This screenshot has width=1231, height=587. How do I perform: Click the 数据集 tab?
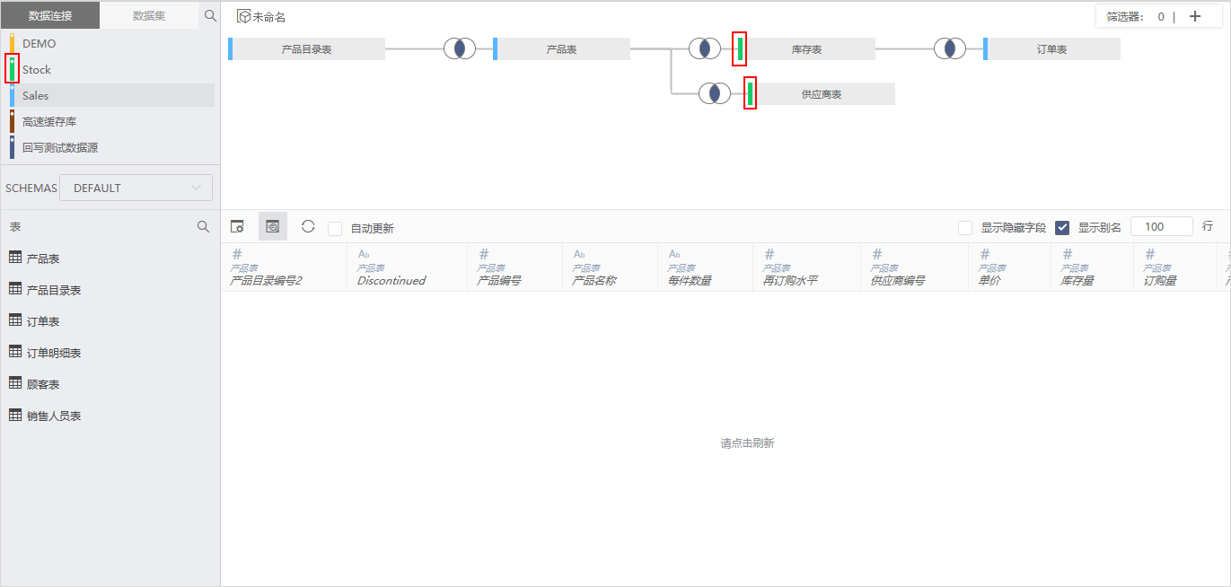coord(149,16)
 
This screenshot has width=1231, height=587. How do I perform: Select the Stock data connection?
coord(36,70)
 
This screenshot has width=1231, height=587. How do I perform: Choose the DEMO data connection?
coord(39,43)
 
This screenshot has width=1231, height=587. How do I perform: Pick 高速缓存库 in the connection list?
coord(49,121)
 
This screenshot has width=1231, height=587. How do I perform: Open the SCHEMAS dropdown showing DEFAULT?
coord(136,188)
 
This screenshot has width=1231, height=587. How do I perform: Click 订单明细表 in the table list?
coord(54,353)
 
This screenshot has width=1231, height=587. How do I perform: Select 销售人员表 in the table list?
coord(54,416)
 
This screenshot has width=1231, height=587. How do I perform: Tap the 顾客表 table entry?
coord(43,384)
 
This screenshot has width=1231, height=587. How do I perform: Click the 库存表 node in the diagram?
coord(806,49)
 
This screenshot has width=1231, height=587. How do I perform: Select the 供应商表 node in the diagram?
coord(821,94)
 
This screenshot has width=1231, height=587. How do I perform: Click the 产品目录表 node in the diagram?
coord(306,49)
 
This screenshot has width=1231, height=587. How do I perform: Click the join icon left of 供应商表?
coord(715,93)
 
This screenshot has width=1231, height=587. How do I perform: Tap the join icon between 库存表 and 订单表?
coord(950,48)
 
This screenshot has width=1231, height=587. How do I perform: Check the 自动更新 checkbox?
coord(335,228)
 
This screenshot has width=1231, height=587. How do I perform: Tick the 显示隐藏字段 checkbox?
coord(965,227)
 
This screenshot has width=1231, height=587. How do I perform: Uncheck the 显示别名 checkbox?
coord(1062,227)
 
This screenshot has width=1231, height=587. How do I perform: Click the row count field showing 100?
coord(1162,227)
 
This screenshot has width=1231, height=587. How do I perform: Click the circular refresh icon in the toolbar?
coord(308,226)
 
